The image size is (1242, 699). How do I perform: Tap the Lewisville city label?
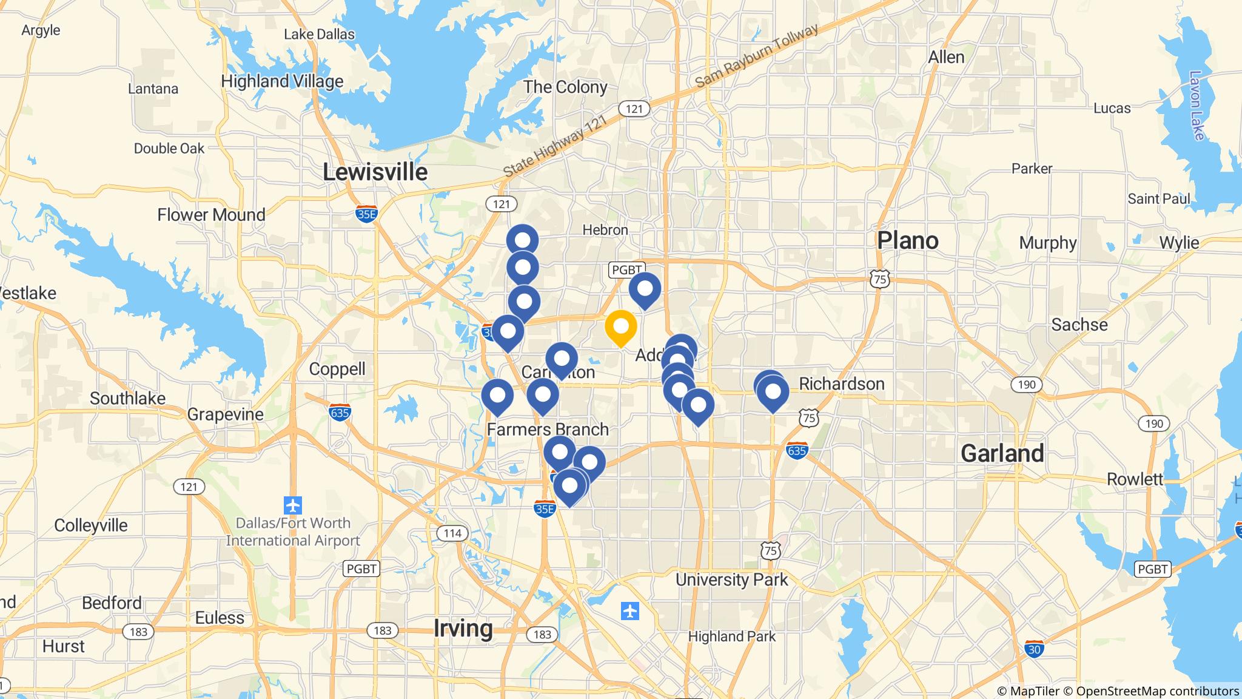coord(375,172)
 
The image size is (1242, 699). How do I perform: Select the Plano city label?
coord(907,240)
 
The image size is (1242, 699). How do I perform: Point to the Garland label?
coord(1002,453)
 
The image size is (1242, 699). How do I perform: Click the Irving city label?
coord(463,628)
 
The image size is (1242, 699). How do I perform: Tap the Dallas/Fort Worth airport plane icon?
coord(292,505)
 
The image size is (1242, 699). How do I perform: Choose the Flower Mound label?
coord(211,215)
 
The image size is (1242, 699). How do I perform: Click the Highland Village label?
coord(282,81)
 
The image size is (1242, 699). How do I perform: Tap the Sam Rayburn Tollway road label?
coord(756,56)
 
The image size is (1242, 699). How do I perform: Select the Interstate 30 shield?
coord(1034,649)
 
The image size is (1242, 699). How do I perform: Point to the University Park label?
coord(731,579)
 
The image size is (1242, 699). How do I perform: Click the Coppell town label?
coord(337,369)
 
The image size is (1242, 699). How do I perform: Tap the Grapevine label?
coord(225,414)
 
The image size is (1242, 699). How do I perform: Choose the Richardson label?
coord(841,383)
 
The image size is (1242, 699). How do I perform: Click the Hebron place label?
coord(605,230)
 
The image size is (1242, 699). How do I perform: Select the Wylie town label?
coord(1179,243)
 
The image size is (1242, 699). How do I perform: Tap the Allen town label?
coord(946,57)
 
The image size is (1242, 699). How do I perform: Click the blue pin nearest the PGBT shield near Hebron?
coord(644,289)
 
